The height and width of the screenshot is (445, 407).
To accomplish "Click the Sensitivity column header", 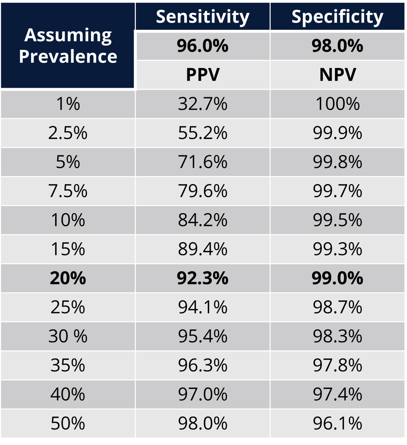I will coord(202,16).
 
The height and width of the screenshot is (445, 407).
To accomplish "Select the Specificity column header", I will coord(337,16).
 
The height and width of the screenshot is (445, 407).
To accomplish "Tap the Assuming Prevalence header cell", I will coord(68,46).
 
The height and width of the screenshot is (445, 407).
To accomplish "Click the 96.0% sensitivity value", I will coord(202,46).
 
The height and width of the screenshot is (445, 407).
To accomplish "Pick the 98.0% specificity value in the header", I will coord(337,46).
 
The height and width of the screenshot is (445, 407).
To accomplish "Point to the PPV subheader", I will coord(202,75).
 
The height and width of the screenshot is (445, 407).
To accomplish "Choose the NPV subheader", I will coord(337,75).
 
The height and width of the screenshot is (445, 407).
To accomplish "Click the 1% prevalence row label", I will coord(68,104).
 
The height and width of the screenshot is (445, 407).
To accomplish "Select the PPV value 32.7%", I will coord(202,104).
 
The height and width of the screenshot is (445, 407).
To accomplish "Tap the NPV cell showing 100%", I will coord(337,104).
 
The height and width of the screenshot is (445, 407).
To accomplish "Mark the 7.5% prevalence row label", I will coord(68,191).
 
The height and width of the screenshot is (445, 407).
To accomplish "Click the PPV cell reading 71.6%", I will coord(202,162).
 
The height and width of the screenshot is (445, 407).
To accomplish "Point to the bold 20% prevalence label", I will coord(68,278).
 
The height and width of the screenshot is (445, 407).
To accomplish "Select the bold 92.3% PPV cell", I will coord(202,278).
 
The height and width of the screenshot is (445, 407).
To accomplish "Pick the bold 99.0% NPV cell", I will coord(337,278).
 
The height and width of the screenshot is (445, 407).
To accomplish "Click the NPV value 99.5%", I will coord(337,220).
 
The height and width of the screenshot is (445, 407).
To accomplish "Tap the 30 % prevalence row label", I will coord(68,336).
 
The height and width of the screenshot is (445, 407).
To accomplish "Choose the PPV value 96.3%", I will coord(202,366).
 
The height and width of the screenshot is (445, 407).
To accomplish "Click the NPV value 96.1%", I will coord(337,424).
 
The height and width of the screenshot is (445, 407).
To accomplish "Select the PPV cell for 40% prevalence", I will coord(202,395).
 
